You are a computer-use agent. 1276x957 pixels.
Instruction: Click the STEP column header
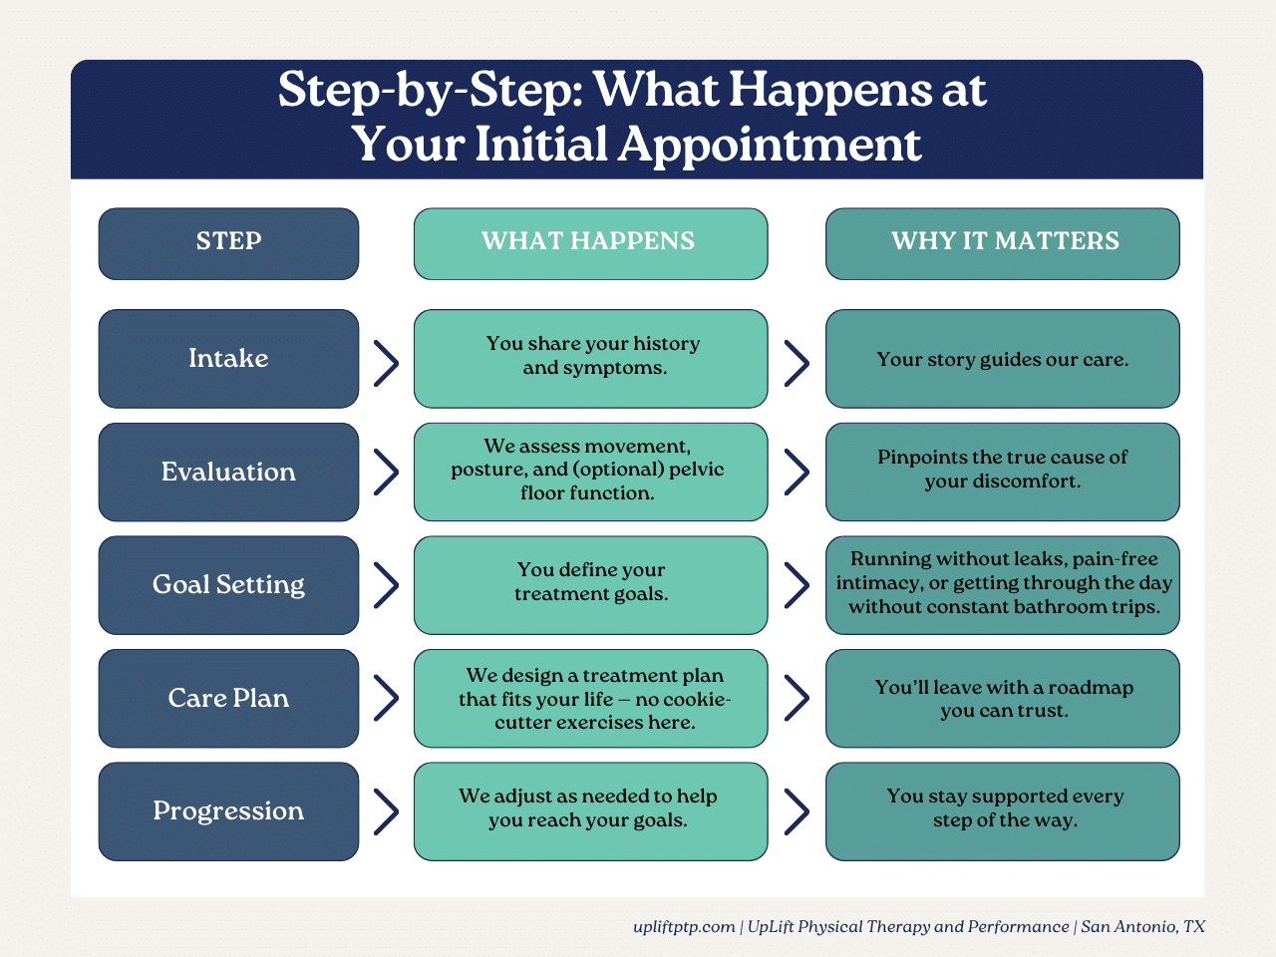[228, 242]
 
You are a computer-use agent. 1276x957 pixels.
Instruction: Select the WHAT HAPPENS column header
[590, 242]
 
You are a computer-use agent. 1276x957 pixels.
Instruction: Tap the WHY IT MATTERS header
[1003, 242]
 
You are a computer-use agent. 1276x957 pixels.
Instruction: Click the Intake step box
[228, 359]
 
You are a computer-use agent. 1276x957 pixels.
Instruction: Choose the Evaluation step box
[228, 472]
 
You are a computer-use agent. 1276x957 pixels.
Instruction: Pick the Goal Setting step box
[228, 585]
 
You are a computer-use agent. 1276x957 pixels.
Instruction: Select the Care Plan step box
[228, 699]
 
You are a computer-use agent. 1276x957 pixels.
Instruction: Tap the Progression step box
[228, 811]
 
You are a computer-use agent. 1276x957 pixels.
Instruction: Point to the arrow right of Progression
[386, 811]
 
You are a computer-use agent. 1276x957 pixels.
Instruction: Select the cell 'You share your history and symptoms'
[590, 357]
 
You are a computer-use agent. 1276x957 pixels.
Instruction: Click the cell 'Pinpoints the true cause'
[1003, 470]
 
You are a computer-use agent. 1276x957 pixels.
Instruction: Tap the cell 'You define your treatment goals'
[590, 582]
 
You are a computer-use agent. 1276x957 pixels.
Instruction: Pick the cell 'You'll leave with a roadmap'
[1003, 699]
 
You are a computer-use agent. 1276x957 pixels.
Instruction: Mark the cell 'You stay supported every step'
[1003, 808]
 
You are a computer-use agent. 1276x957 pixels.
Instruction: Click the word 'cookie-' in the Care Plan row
[697, 700]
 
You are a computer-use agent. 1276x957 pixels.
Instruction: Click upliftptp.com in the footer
[684, 927]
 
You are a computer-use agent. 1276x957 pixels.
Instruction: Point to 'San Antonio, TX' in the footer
[1142, 927]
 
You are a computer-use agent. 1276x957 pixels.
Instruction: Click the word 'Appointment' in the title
[770, 145]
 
